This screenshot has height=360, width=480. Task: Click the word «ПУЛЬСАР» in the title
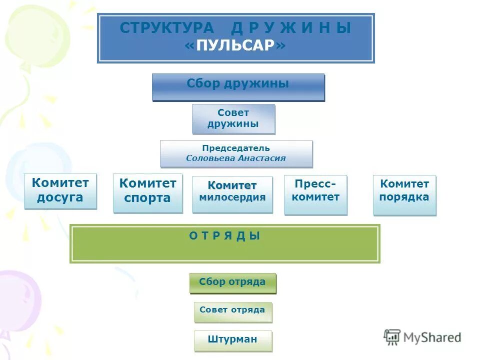click(x=235, y=45)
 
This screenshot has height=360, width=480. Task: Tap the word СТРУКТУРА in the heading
click(x=166, y=28)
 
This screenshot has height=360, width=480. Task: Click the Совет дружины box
click(x=233, y=118)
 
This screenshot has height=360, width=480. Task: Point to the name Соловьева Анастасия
click(x=236, y=158)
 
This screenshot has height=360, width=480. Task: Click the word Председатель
click(x=236, y=148)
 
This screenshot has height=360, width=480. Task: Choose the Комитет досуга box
click(x=60, y=190)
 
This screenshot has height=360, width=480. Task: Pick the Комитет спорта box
click(x=147, y=192)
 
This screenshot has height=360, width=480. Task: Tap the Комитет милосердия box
click(x=232, y=194)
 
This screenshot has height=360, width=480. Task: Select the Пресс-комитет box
click(x=315, y=194)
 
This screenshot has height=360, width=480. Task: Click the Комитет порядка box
click(x=404, y=194)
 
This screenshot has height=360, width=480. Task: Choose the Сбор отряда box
click(x=232, y=282)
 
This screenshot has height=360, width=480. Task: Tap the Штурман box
click(x=232, y=340)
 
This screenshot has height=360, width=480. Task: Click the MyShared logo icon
click(x=392, y=336)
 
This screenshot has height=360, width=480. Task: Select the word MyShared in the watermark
click(x=432, y=338)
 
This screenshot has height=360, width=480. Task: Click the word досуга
click(x=60, y=198)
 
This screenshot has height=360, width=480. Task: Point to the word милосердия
click(x=232, y=197)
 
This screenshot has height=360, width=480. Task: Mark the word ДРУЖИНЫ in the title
click(x=291, y=28)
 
